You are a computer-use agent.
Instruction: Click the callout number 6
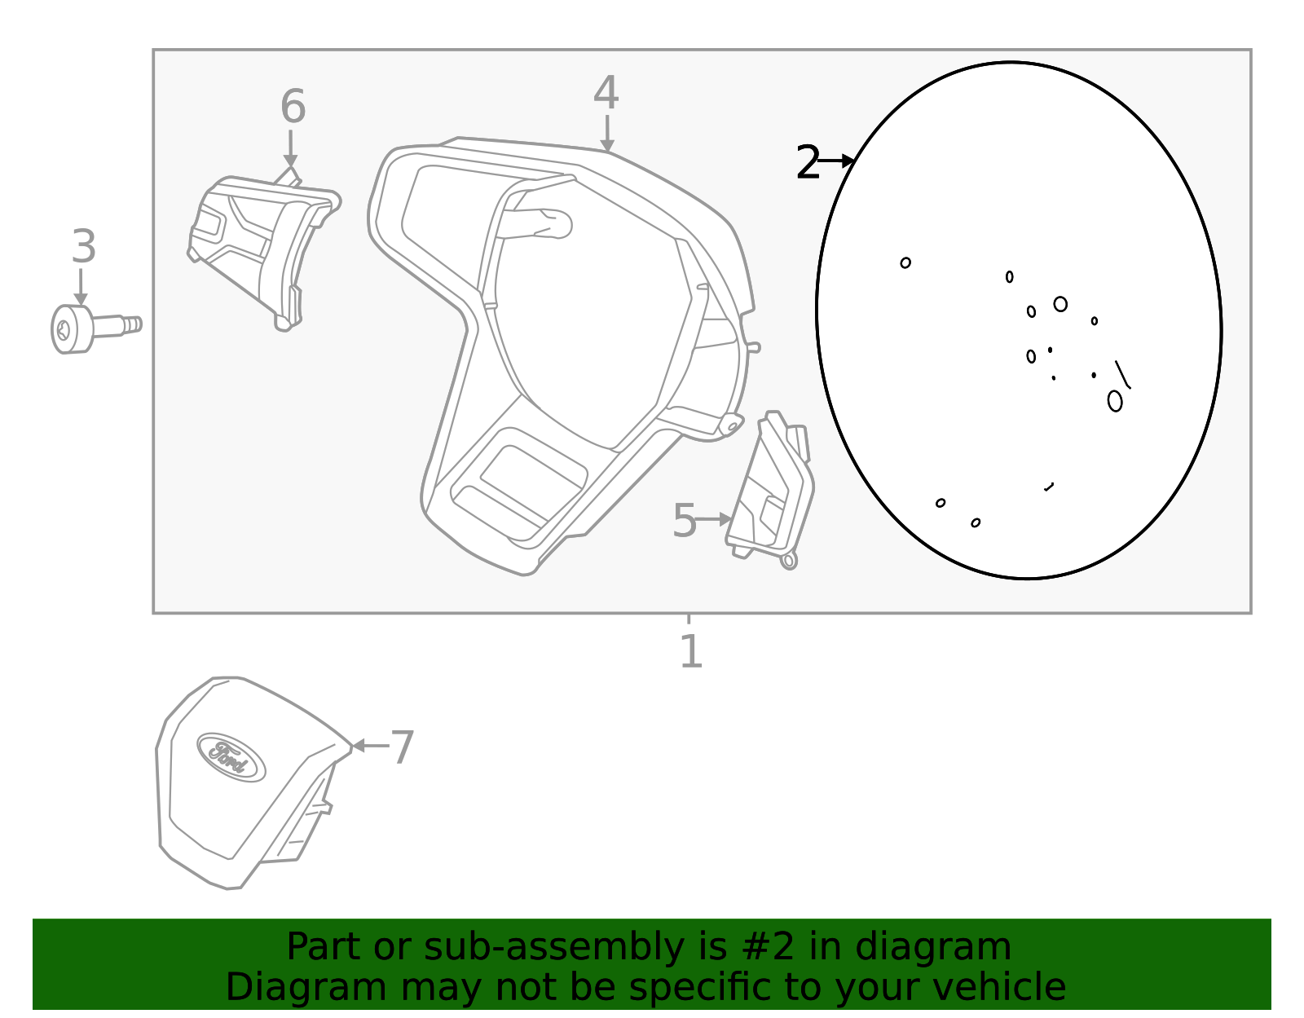tap(293, 107)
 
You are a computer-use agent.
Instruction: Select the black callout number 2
tap(807, 163)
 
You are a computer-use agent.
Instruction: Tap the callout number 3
tap(83, 246)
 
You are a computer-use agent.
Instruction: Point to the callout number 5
tap(684, 521)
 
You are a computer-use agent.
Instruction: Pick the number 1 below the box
tap(690, 652)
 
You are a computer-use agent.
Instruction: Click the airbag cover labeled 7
tap(244, 782)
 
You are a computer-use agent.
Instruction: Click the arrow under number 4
tap(606, 134)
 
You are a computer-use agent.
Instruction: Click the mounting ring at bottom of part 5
tap(788, 560)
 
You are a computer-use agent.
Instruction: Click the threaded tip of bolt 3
tap(134, 324)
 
